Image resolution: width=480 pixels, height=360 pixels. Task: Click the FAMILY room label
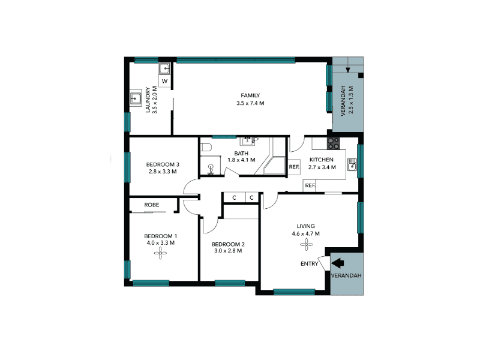pos(250,95)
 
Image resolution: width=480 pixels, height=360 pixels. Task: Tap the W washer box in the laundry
pos(164,81)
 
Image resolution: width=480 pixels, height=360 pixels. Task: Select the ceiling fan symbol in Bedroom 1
pos(160,253)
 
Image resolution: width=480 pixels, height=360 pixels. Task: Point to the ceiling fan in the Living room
pos(306,245)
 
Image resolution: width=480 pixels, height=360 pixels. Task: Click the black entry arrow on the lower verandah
pos(338,263)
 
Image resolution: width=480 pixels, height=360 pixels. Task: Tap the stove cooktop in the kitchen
pos(334,143)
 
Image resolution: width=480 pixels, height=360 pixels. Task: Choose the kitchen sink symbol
pos(352,164)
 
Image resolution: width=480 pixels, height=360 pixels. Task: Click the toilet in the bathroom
pos(206,148)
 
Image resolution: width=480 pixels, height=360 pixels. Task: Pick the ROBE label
pos(152,205)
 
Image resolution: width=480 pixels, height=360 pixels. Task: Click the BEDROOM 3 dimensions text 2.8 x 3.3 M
pos(163,172)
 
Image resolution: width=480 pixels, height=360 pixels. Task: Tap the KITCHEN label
pos(322,160)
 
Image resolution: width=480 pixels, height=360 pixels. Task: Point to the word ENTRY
pos(309,263)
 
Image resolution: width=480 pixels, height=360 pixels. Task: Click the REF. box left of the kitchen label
pos(294,167)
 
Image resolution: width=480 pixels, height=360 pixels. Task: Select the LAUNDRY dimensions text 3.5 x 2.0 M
pos(155,100)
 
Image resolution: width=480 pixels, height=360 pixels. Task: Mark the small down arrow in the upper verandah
pos(348,70)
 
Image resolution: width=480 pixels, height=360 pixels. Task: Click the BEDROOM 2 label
pos(228,244)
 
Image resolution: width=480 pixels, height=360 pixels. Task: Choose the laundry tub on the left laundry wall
pos(136,98)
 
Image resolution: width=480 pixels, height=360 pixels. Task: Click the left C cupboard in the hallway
pos(234,198)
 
